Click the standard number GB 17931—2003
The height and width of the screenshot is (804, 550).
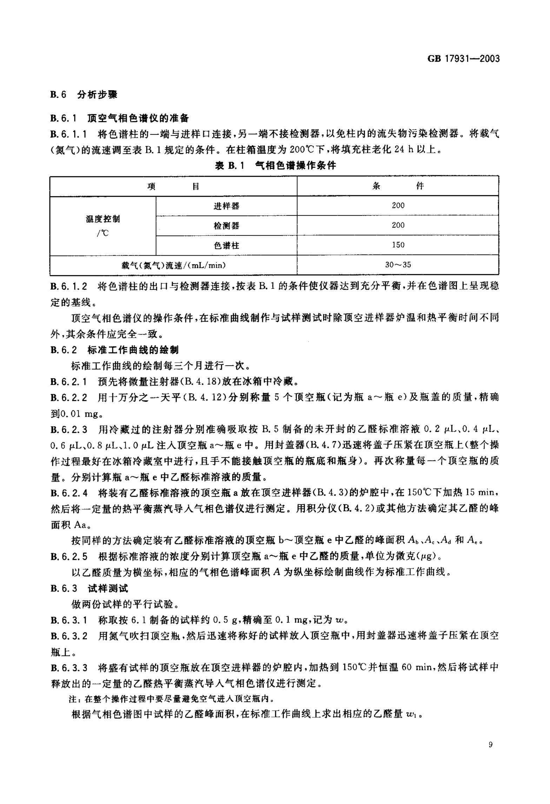tap(463, 59)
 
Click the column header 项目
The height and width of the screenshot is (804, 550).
tap(173, 186)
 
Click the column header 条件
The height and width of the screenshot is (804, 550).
tap(398, 186)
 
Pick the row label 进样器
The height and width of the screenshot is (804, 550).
tap(226, 206)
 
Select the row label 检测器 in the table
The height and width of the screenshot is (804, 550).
tap(226, 226)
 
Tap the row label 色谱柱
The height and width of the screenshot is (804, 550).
tap(226, 246)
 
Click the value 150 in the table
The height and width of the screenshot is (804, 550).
tap(398, 245)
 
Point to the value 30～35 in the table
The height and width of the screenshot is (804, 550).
tap(398, 265)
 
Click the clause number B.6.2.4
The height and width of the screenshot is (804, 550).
tap(69, 493)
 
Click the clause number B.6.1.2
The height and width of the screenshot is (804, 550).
tap(69, 286)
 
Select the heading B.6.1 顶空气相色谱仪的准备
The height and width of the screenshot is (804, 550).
tap(119, 118)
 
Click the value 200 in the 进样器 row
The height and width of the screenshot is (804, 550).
tap(398, 206)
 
